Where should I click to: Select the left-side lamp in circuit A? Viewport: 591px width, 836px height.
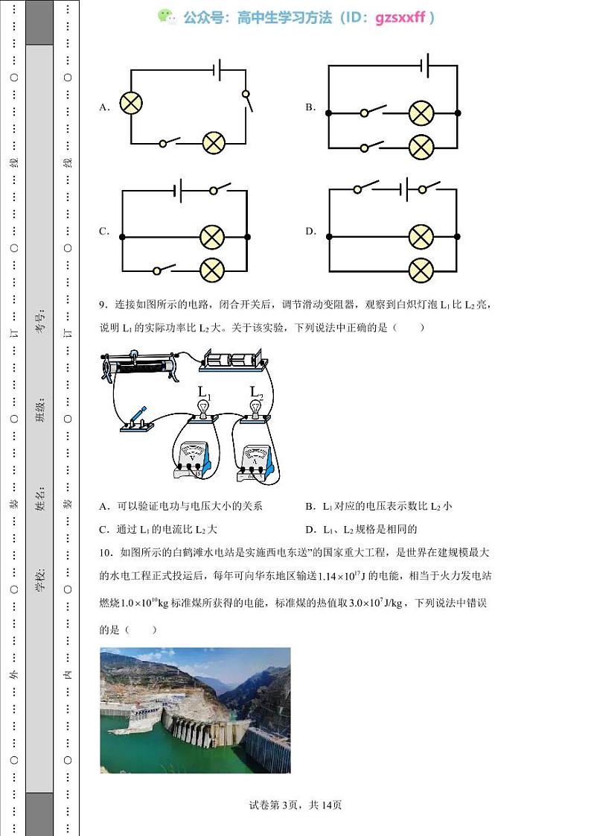pyautogui.click(x=131, y=104)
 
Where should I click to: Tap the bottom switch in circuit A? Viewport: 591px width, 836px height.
pyautogui.click(x=171, y=142)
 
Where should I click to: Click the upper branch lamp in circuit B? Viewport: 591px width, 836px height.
pyautogui.click(x=421, y=113)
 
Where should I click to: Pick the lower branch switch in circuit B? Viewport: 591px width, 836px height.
pyautogui.click(x=371, y=146)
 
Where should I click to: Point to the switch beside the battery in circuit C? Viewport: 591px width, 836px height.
pyautogui.click(x=220, y=189)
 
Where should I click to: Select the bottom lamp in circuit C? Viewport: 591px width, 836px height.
pyautogui.click(x=213, y=269)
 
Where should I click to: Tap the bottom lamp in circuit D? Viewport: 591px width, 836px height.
pyautogui.click(x=421, y=270)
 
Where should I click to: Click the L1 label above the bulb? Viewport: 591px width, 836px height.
pyautogui.click(x=204, y=392)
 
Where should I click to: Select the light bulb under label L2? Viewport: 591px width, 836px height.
pyautogui.click(x=256, y=408)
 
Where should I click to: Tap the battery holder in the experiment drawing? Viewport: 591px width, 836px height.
pyautogui.click(x=232, y=361)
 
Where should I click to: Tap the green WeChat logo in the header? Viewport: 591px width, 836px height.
pyautogui.click(x=165, y=17)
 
